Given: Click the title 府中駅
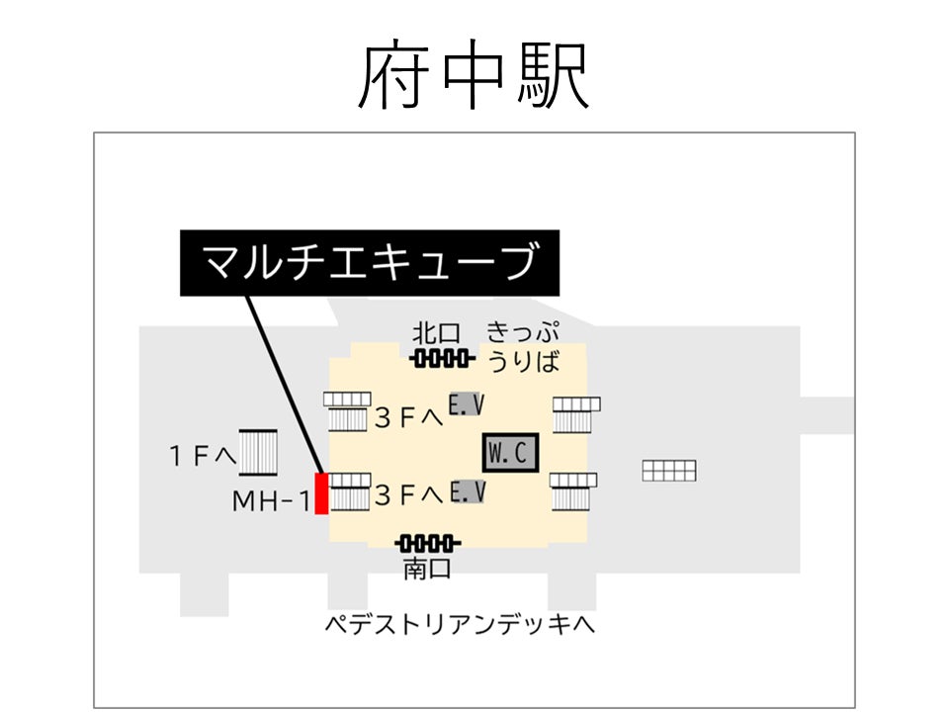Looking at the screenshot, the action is coord(474,76).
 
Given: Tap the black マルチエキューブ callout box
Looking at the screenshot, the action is coord(370,263).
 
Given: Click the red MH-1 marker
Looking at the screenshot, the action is coord(321,493).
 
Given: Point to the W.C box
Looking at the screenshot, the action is coord(510,453).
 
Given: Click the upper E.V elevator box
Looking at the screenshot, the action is coord(467,405).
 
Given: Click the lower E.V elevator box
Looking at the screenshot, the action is coord(467,490).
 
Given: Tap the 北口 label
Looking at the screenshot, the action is coord(438,332).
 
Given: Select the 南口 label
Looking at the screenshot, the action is coord(427,569).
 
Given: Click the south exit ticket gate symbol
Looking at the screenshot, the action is coord(427,543).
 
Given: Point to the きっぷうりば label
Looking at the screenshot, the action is coord(523,346).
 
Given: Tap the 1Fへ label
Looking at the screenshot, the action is coord(202,456).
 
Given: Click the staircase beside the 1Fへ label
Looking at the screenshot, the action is coord(259,454).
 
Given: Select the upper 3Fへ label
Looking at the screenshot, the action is coord(408,418).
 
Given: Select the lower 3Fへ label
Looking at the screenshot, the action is coord(408,495).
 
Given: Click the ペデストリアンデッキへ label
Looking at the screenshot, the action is coord(461,626).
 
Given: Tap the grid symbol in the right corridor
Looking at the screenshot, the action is coord(669,471).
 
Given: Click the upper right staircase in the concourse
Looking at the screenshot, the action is coord(576,413).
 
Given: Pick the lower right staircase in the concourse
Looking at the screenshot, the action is coord(574,490).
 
